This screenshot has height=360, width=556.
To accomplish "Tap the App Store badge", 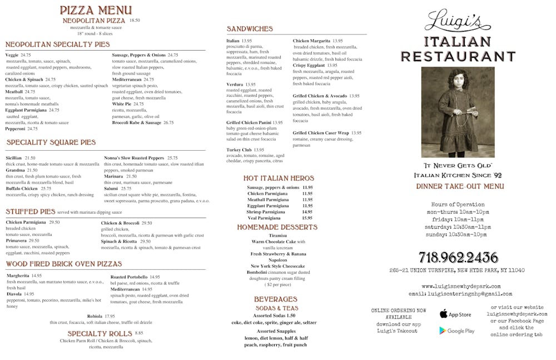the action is (x=455, y=314).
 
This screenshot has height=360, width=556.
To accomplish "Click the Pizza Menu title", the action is (x=96, y=10).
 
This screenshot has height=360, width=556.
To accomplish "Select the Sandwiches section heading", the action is (x=250, y=29).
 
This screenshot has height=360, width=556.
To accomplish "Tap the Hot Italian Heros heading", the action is (x=279, y=178).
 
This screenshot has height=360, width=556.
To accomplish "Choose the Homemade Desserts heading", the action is (x=277, y=227).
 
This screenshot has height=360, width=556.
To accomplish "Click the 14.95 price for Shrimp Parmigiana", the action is (x=307, y=212).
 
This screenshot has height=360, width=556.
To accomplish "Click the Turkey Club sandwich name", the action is (x=239, y=150).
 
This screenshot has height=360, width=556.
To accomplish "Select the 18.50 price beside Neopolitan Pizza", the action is (x=135, y=20).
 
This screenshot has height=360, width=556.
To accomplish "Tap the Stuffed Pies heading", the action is (x=31, y=211).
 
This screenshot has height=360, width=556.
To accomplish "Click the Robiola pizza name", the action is (x=95, y=316).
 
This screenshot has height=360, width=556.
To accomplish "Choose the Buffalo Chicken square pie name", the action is (x=22, y=189).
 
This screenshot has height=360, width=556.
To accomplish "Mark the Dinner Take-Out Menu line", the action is (x=460, y=186).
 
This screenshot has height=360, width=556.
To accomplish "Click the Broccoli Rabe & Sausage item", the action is (x=136, y=122).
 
